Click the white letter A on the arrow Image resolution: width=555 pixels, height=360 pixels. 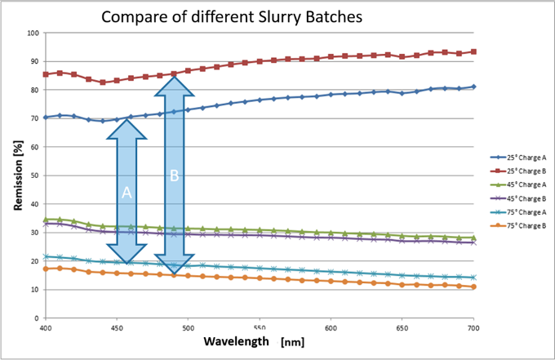click(x=127, y=193)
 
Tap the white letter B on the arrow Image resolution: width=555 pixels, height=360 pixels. click(x=174, y=175)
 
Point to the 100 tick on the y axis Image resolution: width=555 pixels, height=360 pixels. click(x=33, y=33)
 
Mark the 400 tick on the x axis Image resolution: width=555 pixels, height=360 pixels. click(x=46, y=327)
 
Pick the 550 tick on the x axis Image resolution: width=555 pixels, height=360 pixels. click(x=260, y=327)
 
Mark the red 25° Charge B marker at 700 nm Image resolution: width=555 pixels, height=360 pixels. click(x=473, y=51)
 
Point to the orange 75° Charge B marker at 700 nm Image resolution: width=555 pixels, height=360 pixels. click(x=473, y=287)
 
